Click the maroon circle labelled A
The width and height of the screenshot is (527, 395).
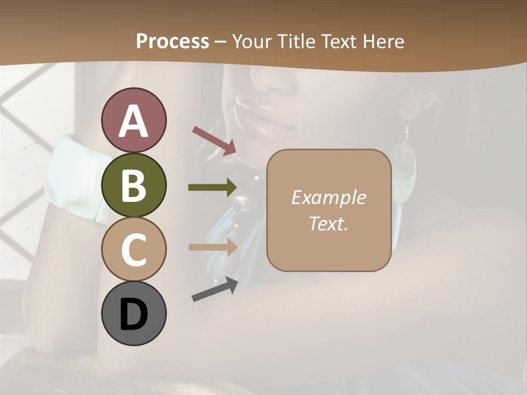[133, 120]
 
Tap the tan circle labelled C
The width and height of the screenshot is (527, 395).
[133, 249]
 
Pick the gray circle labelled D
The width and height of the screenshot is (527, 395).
[133, 313]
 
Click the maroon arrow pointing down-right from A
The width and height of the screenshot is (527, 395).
[214, 140]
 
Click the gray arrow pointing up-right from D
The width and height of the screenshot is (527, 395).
[215, 289]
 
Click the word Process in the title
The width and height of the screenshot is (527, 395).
[172, 41]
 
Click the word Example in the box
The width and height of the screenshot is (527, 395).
[328, 198]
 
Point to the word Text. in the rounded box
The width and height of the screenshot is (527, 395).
[328, 223]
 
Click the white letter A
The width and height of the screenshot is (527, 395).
[133, 121]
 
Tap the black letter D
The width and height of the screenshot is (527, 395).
[133, 314]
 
